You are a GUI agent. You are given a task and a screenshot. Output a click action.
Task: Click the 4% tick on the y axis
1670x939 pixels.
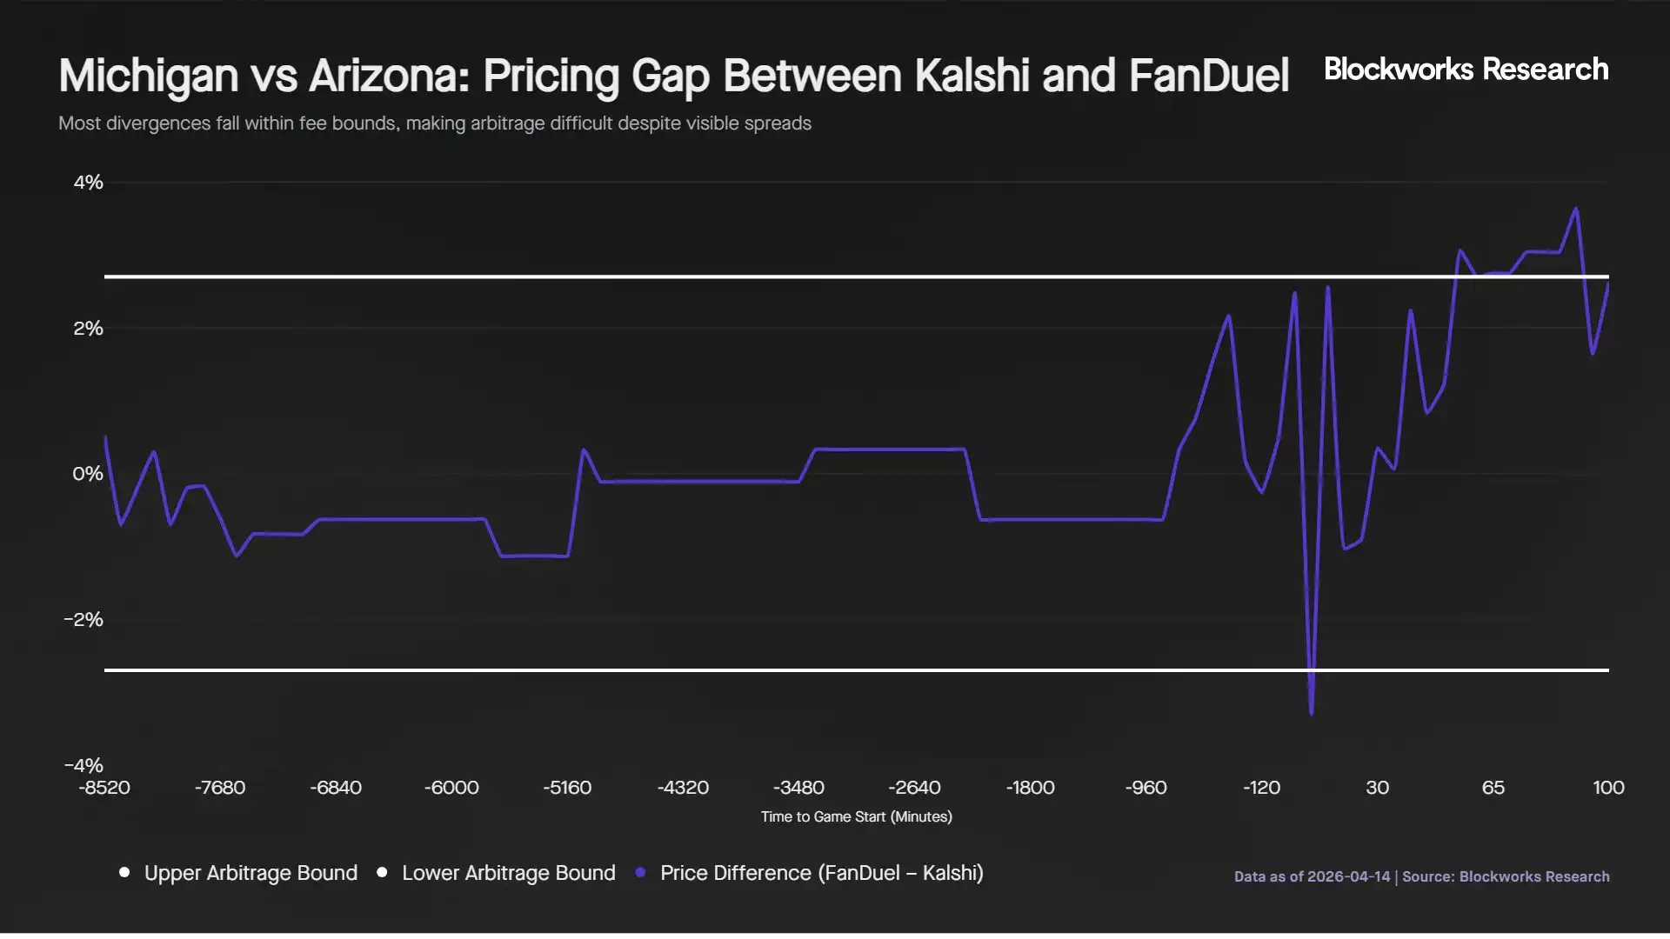pos(88,183)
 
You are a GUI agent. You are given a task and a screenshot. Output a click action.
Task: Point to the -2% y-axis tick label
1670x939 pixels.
pos(83,620)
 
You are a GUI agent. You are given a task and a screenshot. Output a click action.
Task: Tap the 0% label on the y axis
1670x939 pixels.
pos(87,474)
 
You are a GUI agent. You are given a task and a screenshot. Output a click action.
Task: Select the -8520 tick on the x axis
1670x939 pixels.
pos(104,788)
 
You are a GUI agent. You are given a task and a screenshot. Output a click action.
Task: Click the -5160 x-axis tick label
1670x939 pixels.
pos(567,788)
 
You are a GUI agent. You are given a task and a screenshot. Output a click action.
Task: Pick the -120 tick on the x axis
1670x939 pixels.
pos(1261,788)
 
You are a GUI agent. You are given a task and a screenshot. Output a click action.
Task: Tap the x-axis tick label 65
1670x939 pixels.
pos(1493,788)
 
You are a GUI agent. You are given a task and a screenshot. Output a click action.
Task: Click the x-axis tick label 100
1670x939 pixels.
pos(1608,788)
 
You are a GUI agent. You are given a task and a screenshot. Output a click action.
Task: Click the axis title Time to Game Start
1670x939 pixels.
pos(856,817)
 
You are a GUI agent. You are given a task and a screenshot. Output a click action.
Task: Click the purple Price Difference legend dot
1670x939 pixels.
pos(641,872)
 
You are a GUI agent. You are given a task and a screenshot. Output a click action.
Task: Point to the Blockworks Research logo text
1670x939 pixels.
pos(1466,70)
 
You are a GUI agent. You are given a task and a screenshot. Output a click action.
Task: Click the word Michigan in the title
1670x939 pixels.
pos(149,77)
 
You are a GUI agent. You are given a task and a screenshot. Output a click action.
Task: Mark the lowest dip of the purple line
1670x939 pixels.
pos(1312,714)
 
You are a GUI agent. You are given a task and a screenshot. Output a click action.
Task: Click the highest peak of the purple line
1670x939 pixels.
pos(1576,209)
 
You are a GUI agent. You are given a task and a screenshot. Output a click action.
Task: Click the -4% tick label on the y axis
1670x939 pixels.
pos(83,765)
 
